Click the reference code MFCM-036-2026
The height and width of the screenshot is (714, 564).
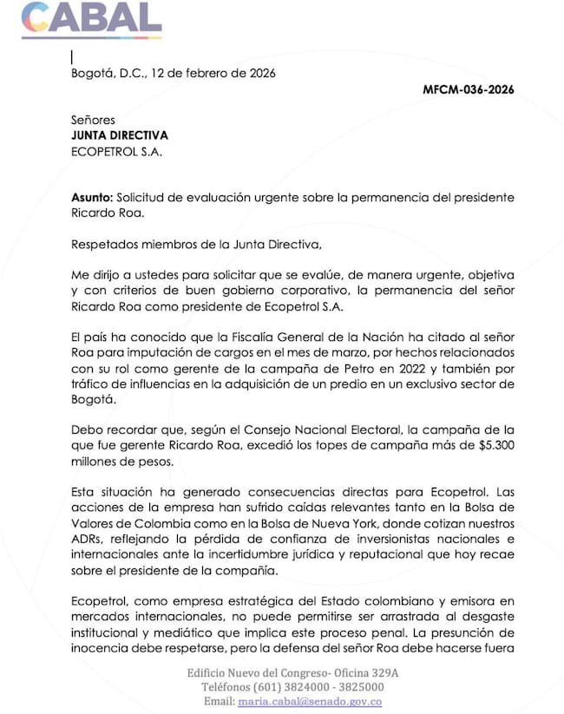467,90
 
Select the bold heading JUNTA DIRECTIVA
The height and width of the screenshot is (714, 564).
120,135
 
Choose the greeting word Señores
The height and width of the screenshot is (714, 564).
93,120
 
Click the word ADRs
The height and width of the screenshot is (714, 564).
87,540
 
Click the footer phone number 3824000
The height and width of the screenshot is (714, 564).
286,688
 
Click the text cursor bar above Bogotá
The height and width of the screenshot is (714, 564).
72,57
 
